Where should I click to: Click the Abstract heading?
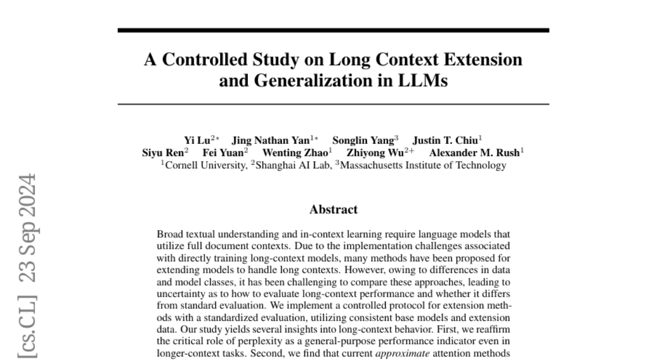click(333, 209)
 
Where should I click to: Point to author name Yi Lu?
click(196, 140)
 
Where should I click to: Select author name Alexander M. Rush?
click(474, 153)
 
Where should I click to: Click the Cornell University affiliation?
click(206, 165)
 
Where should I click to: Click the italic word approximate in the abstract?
click(403, 353)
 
